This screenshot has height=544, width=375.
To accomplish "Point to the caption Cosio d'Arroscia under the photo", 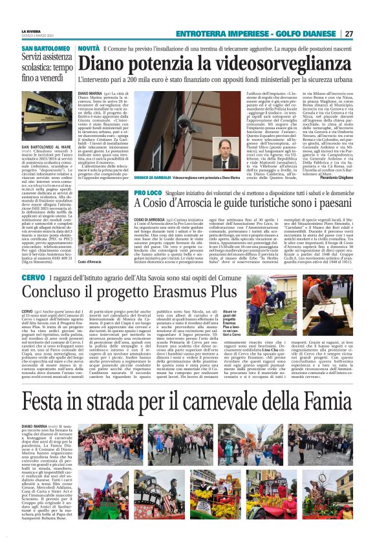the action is [x=89, y=262].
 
